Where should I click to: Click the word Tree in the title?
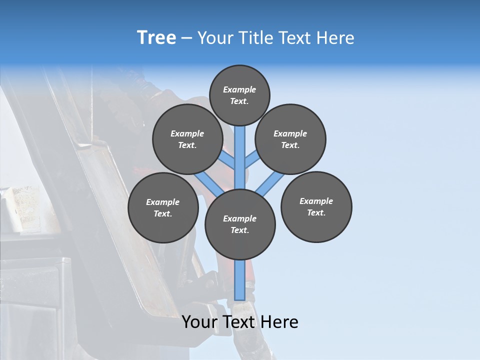pos(156,37)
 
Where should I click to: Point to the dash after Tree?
pos(187,38)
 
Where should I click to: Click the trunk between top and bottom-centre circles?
pos(240,160)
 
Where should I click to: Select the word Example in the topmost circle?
pos(239,89)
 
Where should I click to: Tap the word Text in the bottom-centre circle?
pos(239,230)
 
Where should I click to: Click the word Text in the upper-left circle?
pos(187,145)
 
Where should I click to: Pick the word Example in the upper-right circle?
pos(290,133)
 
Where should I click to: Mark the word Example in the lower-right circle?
pos(316,201)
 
